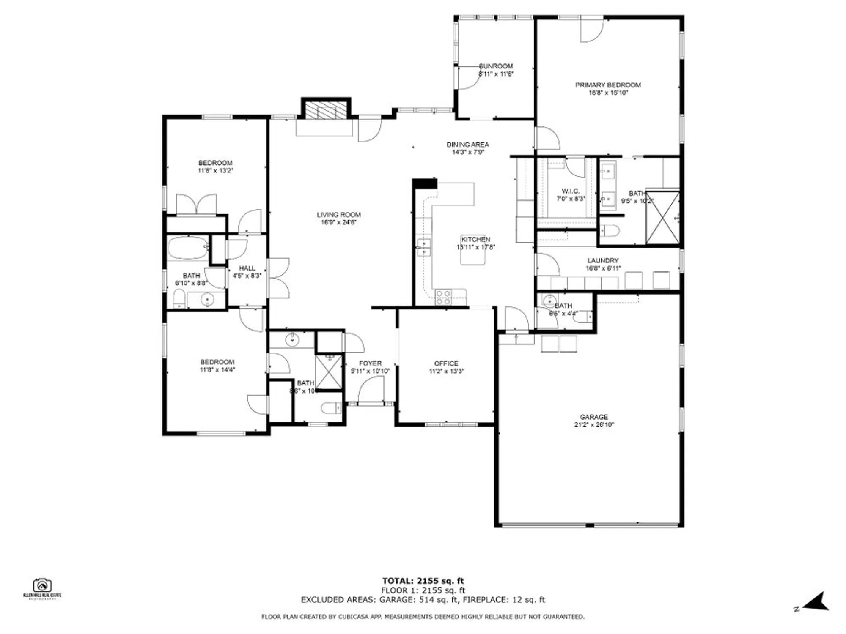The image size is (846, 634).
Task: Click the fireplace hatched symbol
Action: [326, 110]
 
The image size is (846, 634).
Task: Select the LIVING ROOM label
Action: [338, 215]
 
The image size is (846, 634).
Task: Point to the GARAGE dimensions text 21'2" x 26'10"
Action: [594, 425]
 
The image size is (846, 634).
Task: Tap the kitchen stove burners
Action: [443, 297]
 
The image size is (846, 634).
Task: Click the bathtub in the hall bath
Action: [187, 248]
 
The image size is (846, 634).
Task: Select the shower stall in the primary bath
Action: [662, 218]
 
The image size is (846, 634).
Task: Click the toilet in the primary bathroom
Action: [610, 231]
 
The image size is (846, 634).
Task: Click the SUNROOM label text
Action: [496, 66]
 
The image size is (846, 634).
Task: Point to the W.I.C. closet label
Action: [570, 191]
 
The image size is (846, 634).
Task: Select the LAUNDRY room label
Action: [603, 260]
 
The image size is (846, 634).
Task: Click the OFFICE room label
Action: [446, 363]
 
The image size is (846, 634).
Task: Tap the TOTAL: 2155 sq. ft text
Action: [423, 581]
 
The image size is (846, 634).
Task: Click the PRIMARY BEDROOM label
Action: [608, 85]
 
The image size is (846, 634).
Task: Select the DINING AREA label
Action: [467, 145]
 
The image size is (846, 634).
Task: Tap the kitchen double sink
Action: [423, 247]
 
